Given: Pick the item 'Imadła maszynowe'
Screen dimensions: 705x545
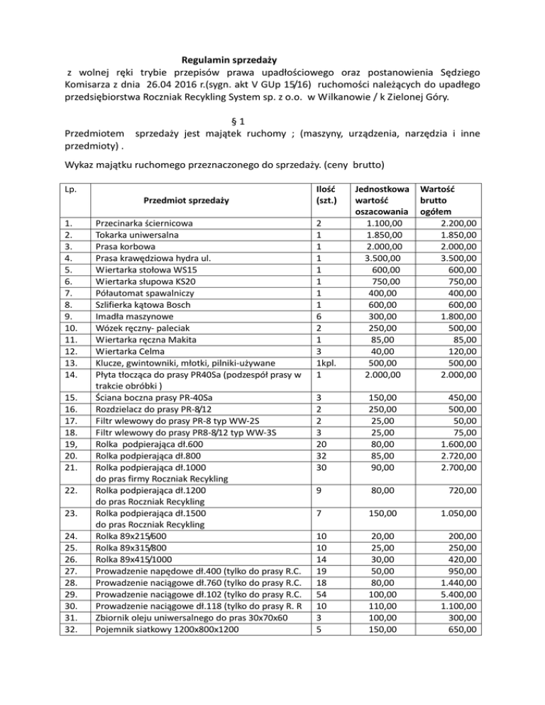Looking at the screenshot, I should pyautogui.click(x=132, y=313).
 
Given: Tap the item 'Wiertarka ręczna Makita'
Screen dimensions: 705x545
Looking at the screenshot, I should pyautogui.click(x=148, y=336).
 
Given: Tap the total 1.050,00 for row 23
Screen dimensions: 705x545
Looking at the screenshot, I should pyautogui.click(x=456, y=512).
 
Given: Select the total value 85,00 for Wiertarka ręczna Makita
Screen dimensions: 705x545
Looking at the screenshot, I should pyautogui.click(x=465, y=336).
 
